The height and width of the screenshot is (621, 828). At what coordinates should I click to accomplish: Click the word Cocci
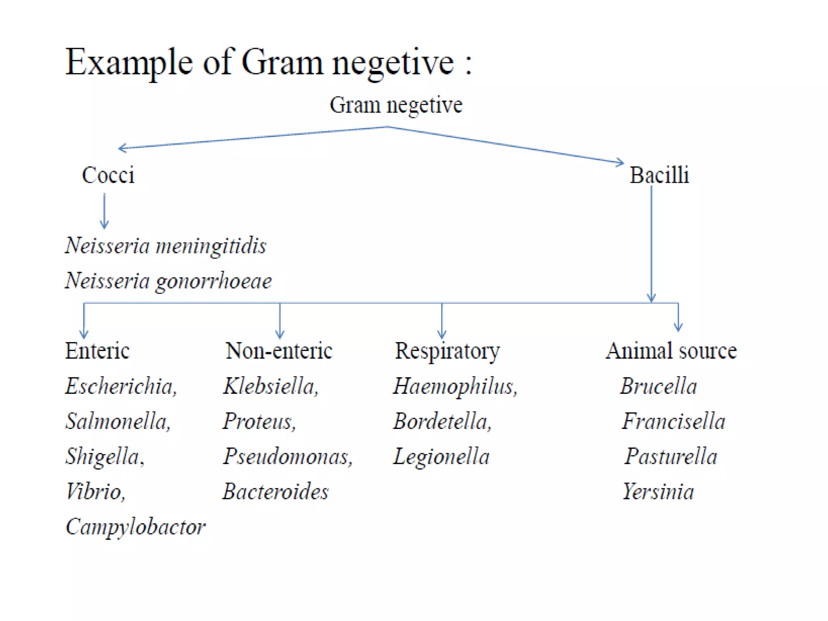point(108,175)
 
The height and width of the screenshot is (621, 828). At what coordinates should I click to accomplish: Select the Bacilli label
point(659,175)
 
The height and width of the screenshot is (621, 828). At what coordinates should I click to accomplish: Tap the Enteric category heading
point(97,351)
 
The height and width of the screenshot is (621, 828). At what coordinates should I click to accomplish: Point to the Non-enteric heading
point(279,351)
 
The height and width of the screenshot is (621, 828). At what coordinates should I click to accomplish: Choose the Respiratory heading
point(447,351)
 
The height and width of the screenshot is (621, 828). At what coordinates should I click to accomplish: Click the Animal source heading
point(671,351)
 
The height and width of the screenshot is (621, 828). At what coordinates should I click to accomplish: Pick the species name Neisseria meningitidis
point(166,246)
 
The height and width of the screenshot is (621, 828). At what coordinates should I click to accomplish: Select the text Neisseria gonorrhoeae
point(168,281)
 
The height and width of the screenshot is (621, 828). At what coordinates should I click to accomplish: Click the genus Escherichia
point(120,386)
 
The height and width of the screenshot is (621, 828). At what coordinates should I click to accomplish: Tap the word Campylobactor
point(135,527)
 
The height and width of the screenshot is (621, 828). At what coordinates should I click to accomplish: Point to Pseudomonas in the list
point(287,456)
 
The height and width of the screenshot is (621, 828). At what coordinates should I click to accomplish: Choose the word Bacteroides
point(276,492)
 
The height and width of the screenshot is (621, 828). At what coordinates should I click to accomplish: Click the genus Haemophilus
point(455,386)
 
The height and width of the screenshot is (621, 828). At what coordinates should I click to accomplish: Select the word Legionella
point(441,457)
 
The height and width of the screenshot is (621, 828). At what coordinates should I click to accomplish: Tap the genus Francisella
point(674,421)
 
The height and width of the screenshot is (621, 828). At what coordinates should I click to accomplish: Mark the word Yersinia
point(658,492)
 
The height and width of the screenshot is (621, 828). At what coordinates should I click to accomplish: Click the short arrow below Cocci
point(104,211)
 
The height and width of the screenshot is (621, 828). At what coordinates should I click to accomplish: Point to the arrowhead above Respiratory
point(442,335)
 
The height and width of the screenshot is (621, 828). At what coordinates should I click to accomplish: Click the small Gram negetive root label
point(396,105)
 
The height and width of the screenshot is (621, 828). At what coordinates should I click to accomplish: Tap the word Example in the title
point(129,62)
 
